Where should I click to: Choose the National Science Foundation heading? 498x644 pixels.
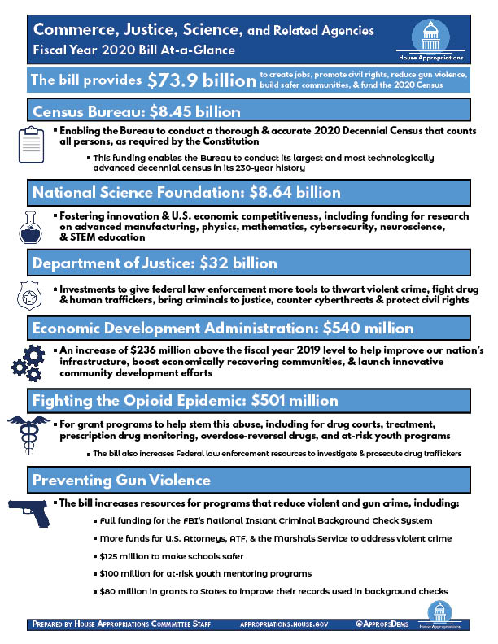(186, 193)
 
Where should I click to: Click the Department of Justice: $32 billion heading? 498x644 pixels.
(155, 263)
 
